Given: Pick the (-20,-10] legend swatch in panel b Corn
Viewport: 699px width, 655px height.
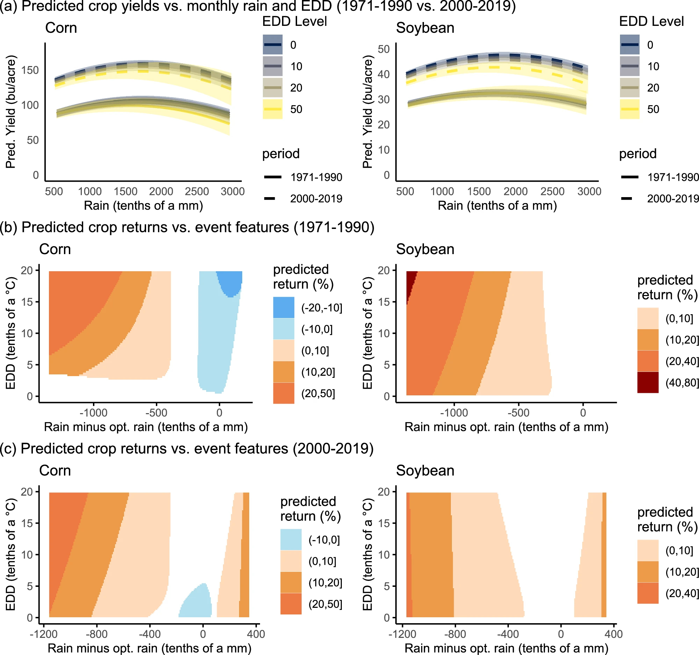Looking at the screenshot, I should [x=283, y=307].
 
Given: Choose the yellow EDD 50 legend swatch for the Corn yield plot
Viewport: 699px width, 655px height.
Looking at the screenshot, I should [x=273, y=109].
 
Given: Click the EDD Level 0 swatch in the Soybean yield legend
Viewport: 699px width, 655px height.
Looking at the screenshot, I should [x=629, y=45].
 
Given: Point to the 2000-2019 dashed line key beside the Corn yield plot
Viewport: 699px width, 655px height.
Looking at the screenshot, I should [x=270, y=199].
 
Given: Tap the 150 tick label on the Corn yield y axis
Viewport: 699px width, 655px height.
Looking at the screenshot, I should [x=30, y=70].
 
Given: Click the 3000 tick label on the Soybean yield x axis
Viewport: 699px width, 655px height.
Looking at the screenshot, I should [x=589, y=191].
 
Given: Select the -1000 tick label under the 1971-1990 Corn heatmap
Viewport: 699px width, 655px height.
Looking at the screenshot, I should [x=93, y=412].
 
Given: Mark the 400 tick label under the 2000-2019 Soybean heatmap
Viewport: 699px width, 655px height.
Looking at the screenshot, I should [x=614, y=634].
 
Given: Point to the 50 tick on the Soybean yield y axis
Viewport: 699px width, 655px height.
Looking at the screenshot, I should [x=384, y=49].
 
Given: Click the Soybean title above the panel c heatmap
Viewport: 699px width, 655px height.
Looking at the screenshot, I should [x=425, y=470].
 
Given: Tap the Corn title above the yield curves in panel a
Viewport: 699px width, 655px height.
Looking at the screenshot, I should [x=61, y=28].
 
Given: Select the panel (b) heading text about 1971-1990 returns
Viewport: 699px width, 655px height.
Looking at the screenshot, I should [x=187, y=227].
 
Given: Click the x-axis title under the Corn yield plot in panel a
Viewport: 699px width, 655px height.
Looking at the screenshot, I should [x=143, y=205].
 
